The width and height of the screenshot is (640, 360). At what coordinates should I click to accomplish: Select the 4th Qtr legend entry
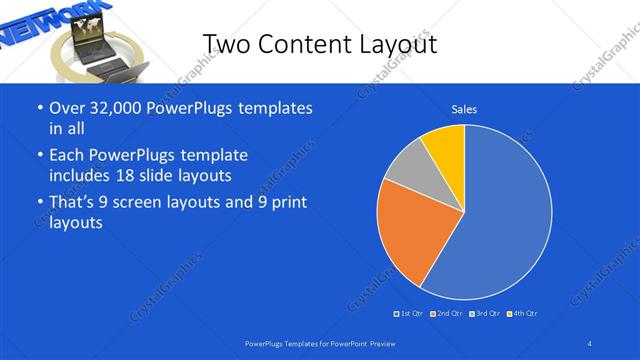521,314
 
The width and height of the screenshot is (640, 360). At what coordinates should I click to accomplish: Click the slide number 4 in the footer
590,343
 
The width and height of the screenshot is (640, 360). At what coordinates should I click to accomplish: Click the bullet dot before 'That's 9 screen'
38,202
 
